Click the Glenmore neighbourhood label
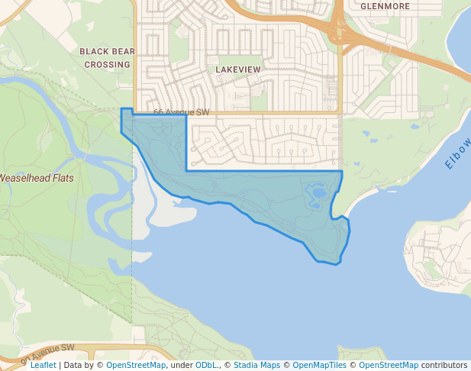(385, 6)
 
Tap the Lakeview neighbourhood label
(238, 69)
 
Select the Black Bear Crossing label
(108, 58)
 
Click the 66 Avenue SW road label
(181, 112)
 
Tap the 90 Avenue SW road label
(47, 353)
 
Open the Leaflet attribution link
(43, 366)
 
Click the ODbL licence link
(206, 366)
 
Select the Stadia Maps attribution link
(256, 366)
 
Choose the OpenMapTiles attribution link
(315, 366)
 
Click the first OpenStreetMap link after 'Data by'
(136, 366)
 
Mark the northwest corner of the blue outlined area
(122, 109)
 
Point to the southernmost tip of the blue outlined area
(336, 264)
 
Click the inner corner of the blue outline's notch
(187, 170)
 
